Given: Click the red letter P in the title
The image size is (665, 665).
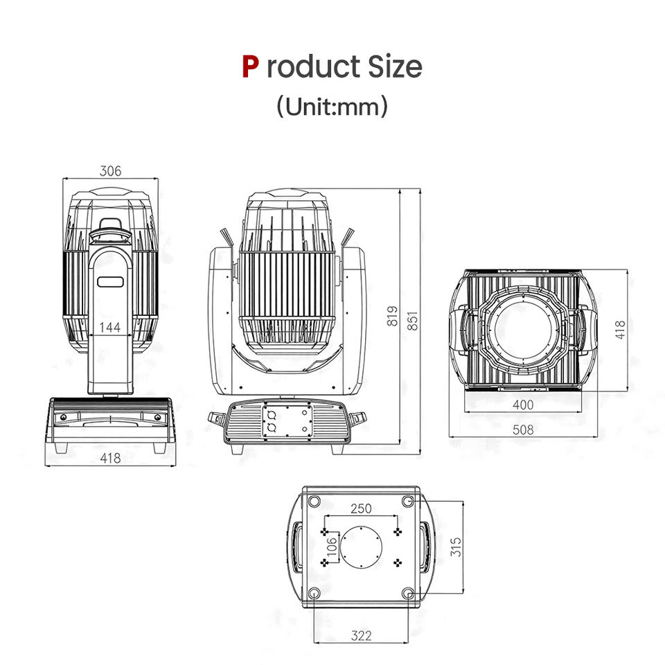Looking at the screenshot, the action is tap(250, 66).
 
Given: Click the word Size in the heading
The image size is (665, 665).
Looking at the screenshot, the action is tap(395, 66).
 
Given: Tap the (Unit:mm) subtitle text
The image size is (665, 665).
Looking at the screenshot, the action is tap(332, 106).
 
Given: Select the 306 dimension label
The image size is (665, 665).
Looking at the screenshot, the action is tap(110, 171).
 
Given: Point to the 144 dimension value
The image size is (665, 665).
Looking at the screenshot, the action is tap(110, 327).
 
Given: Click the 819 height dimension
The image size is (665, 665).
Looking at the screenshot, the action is tap(393, 316).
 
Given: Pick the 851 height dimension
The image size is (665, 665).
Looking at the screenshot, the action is tap(413, 321).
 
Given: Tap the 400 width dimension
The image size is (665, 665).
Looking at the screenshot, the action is tap(523, 405).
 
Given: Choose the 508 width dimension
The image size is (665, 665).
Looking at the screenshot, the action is tap(523, 429).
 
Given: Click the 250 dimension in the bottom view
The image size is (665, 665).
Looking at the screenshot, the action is tap(361, 508).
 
